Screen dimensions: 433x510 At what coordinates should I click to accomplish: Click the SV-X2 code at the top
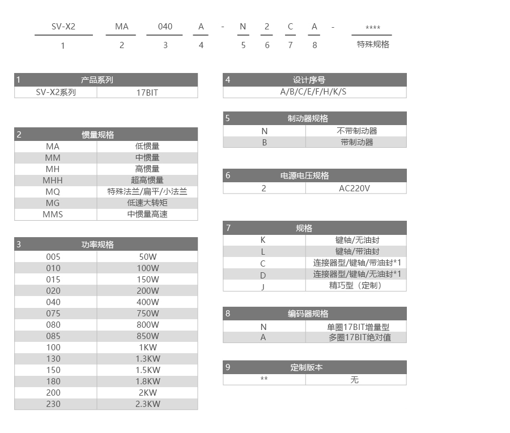63,27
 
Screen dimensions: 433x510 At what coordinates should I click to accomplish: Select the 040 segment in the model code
165,27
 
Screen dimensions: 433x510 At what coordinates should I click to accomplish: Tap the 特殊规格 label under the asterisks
372,44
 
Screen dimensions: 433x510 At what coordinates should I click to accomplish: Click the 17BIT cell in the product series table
147,92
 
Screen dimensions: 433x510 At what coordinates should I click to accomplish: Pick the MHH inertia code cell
53,180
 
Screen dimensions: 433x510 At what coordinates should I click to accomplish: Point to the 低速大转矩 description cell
147,203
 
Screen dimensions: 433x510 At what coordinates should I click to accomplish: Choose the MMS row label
53,214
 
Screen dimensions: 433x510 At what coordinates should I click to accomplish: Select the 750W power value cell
148,313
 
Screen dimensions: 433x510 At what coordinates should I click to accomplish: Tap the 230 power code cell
53,404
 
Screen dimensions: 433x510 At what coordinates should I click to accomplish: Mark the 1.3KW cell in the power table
148,358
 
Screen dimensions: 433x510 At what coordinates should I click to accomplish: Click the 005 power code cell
53,256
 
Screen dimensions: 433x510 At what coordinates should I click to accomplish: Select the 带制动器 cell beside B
356,142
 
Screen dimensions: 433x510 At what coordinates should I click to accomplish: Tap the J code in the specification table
263,286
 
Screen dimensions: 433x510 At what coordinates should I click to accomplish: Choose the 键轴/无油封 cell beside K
356,240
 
